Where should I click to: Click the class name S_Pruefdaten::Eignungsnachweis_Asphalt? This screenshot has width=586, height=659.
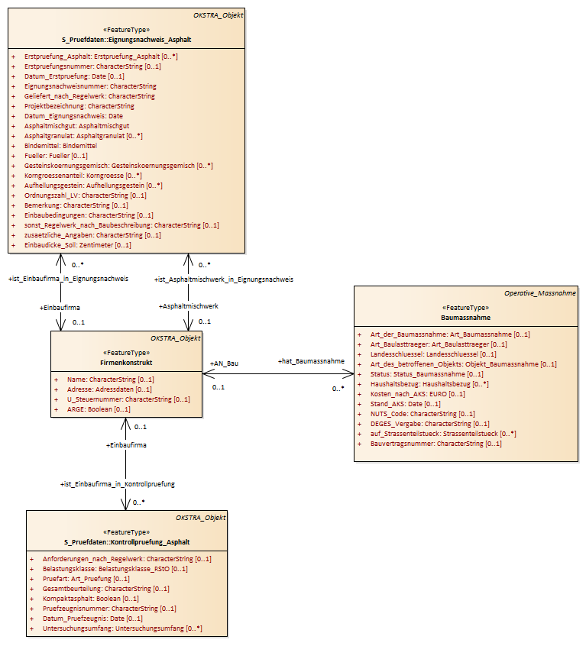click(127, 40)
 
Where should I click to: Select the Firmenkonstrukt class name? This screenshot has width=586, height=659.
click(126, 363)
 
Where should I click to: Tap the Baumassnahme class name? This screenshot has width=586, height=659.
click(466, 318)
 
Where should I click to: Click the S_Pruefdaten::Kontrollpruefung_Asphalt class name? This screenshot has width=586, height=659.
click(127, 542)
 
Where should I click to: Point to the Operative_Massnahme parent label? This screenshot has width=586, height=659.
click(540, 293)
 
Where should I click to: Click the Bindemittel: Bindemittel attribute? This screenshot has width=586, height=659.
click(60, 146)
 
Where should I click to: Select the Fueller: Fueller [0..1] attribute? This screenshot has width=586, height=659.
click(56, 156)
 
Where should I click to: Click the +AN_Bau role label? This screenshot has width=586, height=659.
click(224, 363)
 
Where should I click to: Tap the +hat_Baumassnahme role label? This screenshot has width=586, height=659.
click(311, 361)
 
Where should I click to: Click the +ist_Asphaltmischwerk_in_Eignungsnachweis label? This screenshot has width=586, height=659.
click(224, 279)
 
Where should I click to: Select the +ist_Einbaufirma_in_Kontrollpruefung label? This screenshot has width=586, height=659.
click(118, 484)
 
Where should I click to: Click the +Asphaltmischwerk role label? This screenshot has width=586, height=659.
click(188, 306)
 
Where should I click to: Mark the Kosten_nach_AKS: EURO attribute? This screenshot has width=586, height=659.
click(417, 394)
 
